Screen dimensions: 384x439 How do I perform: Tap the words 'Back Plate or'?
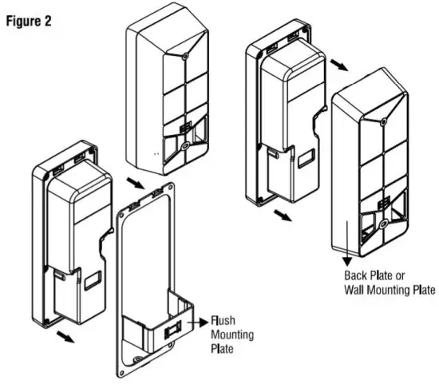click(370, 277)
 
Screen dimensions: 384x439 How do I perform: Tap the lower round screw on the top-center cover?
click(184, 146)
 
